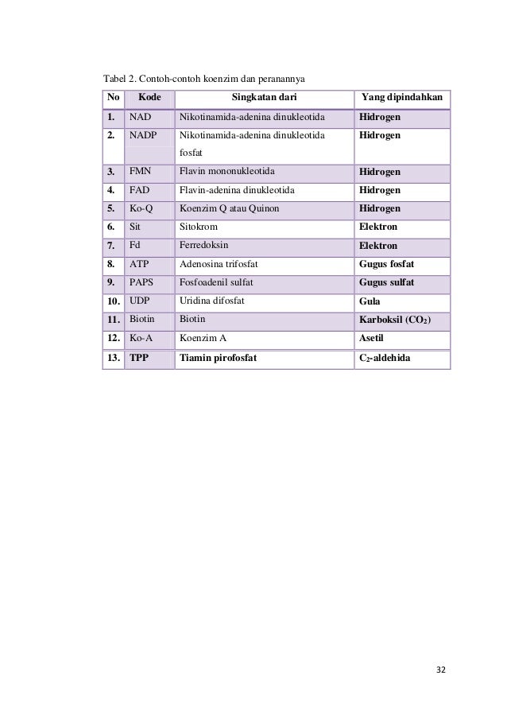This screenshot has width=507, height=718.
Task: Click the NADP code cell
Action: point(143,136)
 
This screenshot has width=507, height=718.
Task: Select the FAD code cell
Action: point(140,190)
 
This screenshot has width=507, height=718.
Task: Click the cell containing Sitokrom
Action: point(200,227)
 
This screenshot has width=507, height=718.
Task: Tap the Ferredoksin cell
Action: point(204,246)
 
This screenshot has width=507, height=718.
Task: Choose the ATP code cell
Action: point(139,264)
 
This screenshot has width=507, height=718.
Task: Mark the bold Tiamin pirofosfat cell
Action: point(219,358)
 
